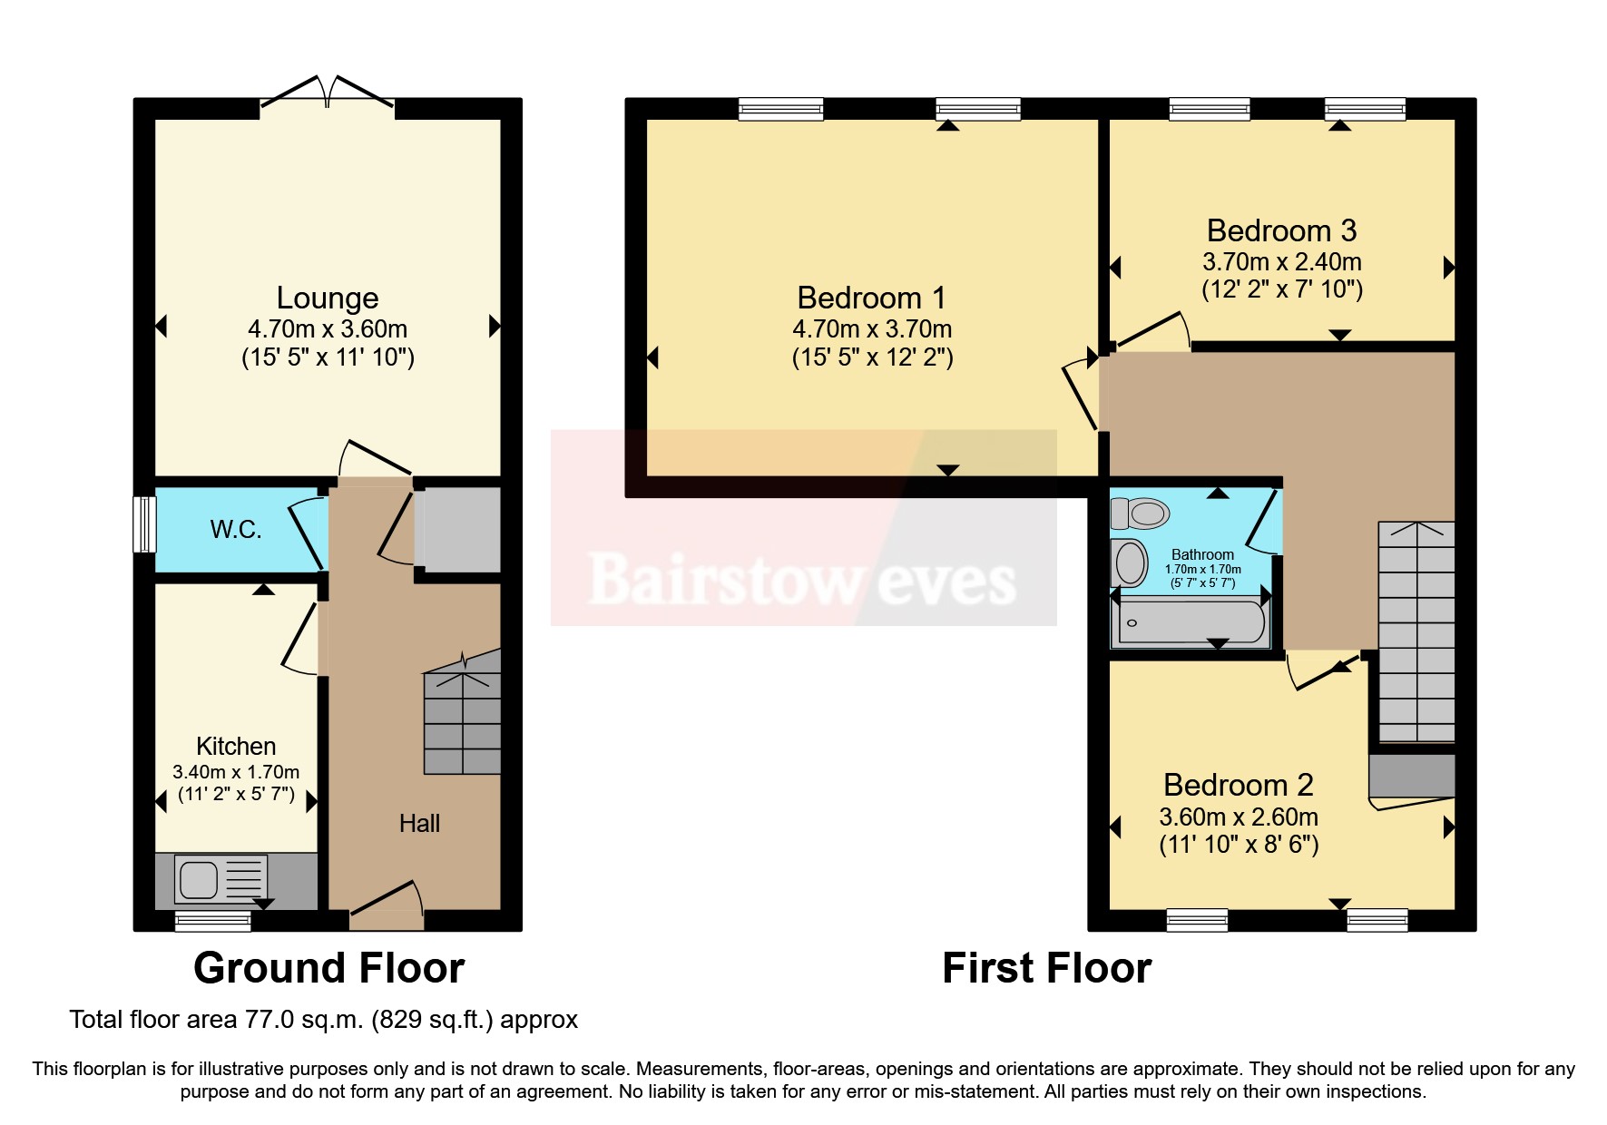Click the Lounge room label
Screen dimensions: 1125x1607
[x=327, y=298]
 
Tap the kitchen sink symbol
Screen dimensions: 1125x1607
[x=200, y=879]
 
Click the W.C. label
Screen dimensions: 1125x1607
[x=236, y=530]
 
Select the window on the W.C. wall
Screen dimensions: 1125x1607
[x=144, y=523]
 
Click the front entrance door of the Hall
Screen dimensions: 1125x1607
[x=387, y=906]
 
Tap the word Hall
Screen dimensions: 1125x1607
[x=419, y=824]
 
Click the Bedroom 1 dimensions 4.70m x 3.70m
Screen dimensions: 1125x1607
[x=872, y=329]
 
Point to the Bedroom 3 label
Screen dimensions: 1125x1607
[x=1281, y=230]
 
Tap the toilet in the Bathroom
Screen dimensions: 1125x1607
[x=1142, y=514]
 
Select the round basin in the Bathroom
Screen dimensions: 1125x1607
[x=1131, y=563]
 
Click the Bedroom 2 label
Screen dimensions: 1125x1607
[x=1239, y=785]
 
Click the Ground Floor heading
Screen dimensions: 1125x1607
[x=328, y=968]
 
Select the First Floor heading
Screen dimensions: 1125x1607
[x=1046, y=968]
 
